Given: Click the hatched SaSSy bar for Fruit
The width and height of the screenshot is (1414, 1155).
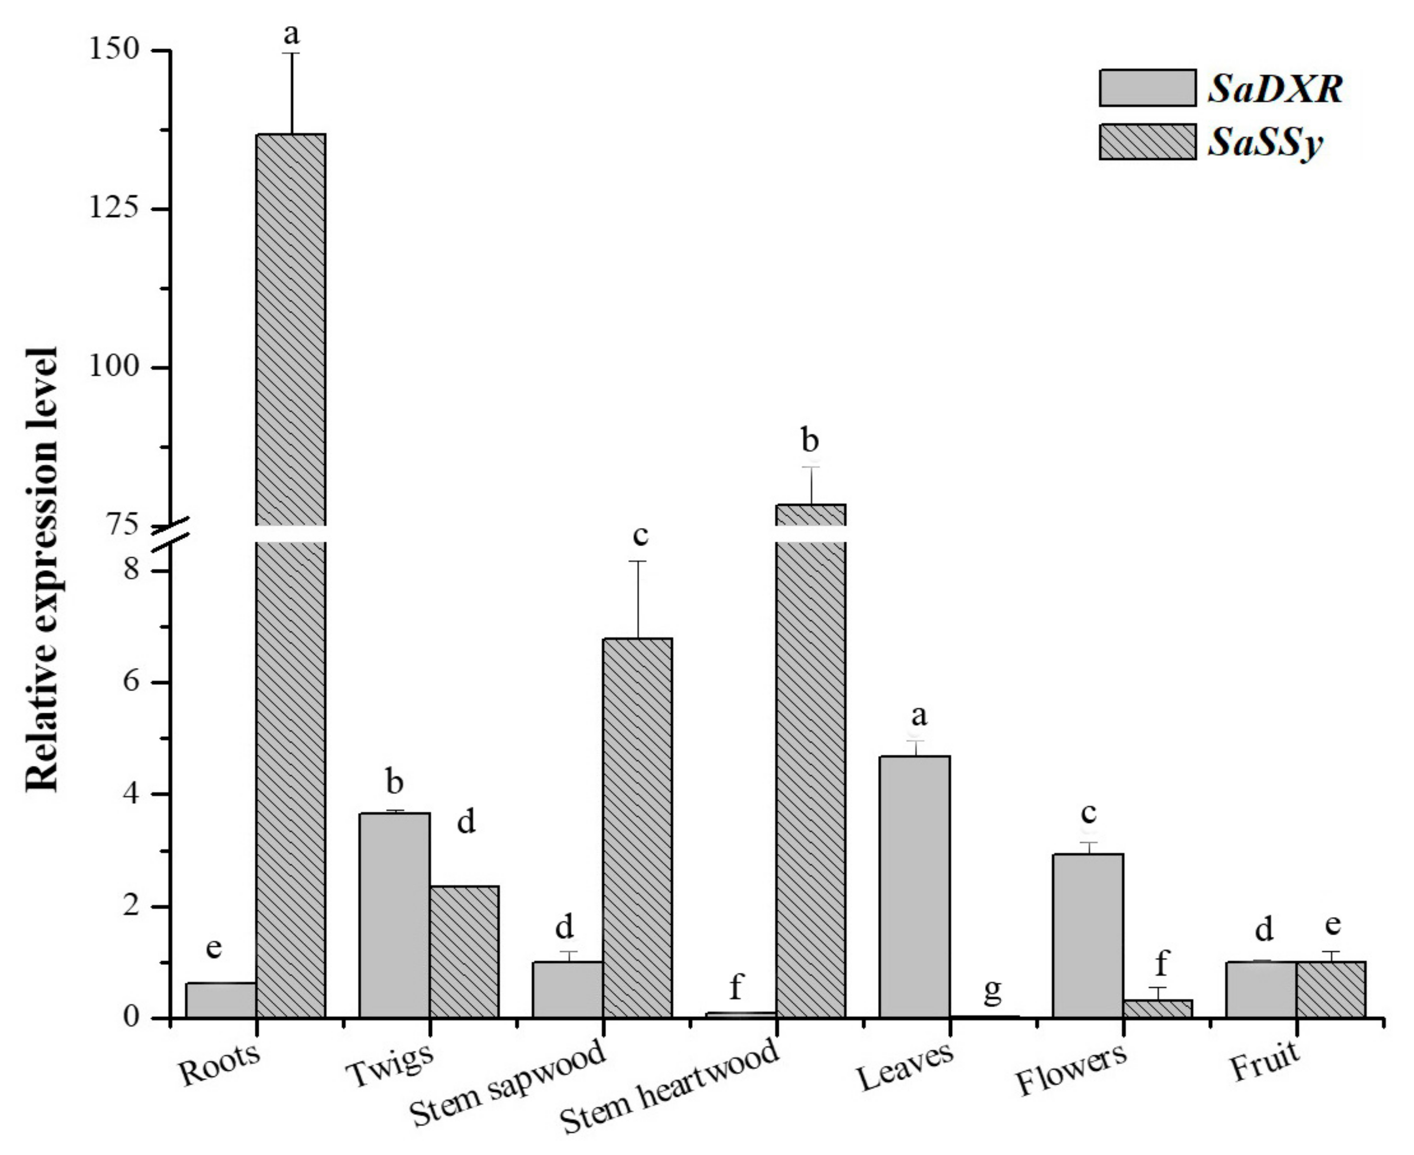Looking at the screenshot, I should [x=1331, y=990].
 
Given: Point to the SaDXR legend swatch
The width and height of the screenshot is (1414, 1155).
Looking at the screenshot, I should [x=1147, y=87].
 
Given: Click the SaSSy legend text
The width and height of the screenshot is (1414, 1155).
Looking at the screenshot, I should [x=1266, y=142].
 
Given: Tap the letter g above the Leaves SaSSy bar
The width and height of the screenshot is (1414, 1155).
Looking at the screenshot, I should [x=992, y=990].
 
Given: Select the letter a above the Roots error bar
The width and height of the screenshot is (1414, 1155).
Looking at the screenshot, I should [x=291, y=33].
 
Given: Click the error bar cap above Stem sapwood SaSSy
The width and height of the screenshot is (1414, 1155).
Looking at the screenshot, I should [x=637, y=561].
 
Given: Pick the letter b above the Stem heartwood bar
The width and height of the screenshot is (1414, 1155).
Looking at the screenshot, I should [x=810, y=441].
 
